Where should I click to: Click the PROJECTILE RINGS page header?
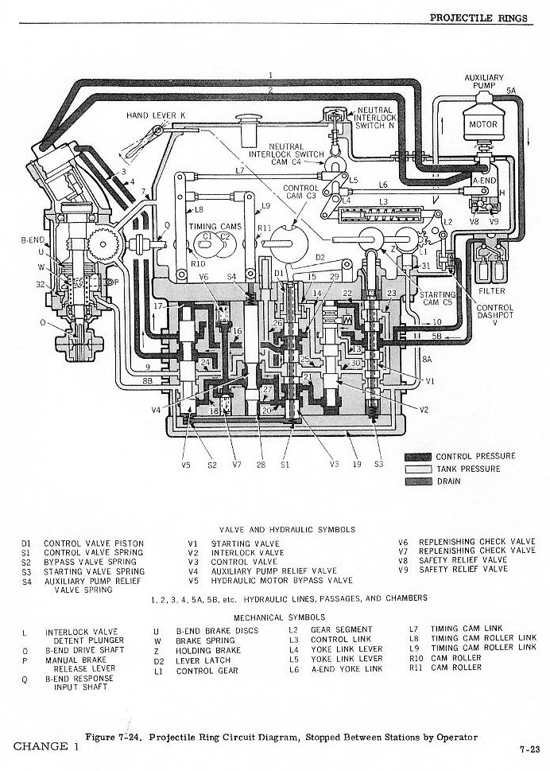click(478, 17)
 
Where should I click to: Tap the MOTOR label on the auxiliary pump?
click(482, 124)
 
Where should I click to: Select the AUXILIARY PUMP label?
click(483, 82)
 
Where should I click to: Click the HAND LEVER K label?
click(156, 116)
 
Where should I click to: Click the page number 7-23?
click(529, 749)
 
